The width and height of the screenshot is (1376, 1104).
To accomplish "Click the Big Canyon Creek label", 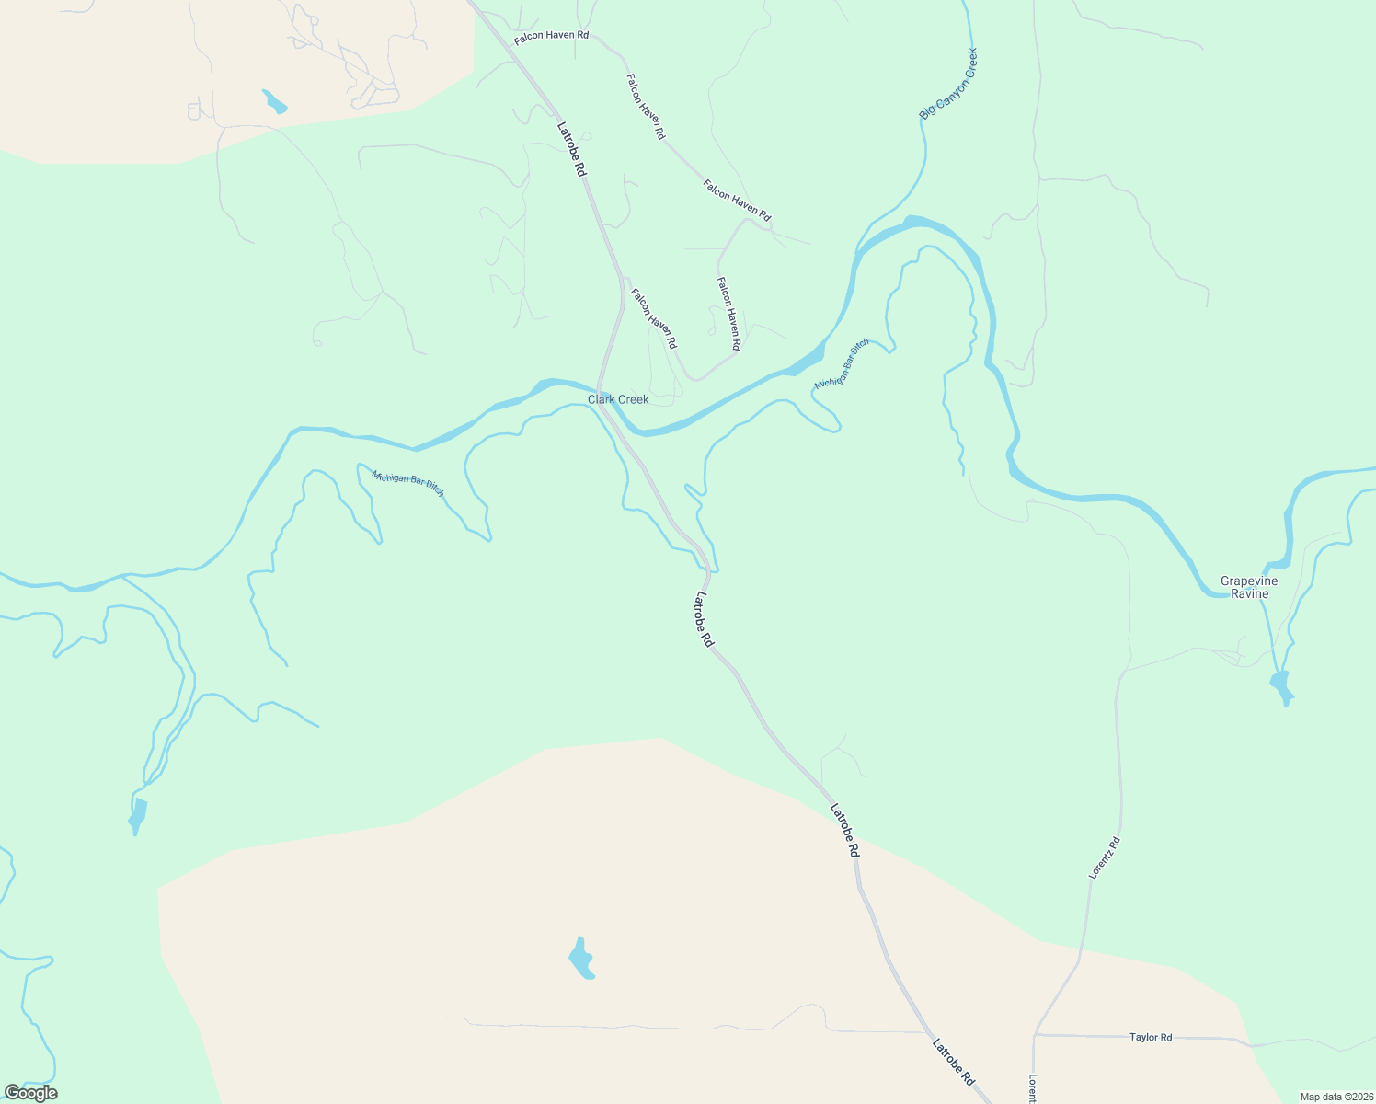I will click(x=948, y=83).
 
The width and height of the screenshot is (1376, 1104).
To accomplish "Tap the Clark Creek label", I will click(x=618, y=399).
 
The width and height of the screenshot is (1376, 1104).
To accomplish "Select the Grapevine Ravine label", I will click(x=1249, y=587).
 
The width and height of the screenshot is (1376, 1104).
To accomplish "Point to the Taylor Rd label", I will click(x=1151, y=1037).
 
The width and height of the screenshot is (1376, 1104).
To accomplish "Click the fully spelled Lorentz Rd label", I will click(x=1104, y=857).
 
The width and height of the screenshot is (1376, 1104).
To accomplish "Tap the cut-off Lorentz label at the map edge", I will click(x=1033, y=1088).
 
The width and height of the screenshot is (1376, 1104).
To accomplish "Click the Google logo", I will click(x=30, y=1092).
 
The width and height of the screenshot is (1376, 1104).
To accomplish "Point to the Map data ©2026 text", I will click(x=1335, y=1097).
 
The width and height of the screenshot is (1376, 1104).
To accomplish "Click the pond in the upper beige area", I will click(x=274, y=101).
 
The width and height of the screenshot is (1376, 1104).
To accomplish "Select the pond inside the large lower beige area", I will click(x=581, y=960).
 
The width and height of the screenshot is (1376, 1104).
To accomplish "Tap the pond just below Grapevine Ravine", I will click(x=1280, y=686).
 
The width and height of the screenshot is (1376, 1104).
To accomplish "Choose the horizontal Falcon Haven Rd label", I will click(x=551, y=36).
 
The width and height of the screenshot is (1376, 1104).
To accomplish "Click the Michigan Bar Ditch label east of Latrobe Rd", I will click(x=841, y=362).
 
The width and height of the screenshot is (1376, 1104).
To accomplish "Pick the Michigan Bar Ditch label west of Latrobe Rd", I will click(x=407, y=483).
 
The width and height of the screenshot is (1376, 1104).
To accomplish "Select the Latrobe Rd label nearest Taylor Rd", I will click(x=953, y=1063).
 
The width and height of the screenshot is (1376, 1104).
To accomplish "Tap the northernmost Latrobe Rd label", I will click(x=571, y=149).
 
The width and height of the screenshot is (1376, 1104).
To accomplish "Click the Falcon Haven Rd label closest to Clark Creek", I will click(x=653, y=318).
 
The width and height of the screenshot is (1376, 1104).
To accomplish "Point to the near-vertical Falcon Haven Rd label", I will click(x=729, y=314).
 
